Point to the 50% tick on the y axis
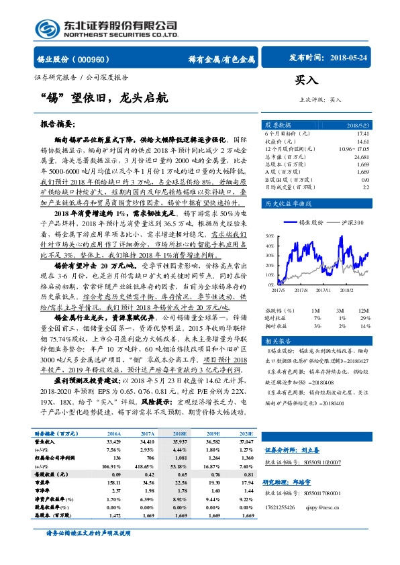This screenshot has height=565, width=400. pos(269,236)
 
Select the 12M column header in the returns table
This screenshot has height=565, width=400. pos(362,311)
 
